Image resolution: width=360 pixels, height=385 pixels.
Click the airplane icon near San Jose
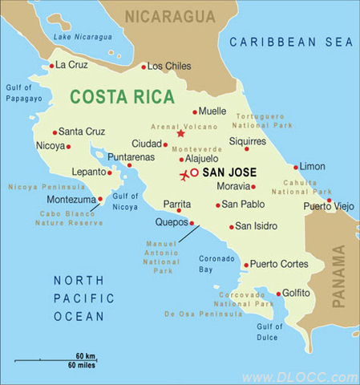point(184,175)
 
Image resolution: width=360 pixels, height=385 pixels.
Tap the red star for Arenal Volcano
point(180,133)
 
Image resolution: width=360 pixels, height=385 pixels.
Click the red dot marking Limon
point(296,167)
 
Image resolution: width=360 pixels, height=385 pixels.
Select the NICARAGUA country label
point(170,16)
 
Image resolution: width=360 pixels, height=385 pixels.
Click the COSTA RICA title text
point(122,97)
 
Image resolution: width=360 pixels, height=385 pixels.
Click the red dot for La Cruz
point(51,66)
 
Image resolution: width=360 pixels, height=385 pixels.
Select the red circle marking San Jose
point(194,172)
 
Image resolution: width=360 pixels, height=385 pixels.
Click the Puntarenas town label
point(131,157)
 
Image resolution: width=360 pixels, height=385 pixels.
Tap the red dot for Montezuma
point(100,199)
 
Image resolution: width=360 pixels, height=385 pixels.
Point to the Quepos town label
point(170,223)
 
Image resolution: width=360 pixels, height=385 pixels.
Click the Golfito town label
point(297,293)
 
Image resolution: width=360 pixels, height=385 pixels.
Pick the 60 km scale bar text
point(86,355)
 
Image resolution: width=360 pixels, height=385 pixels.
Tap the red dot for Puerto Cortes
point(245,264)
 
